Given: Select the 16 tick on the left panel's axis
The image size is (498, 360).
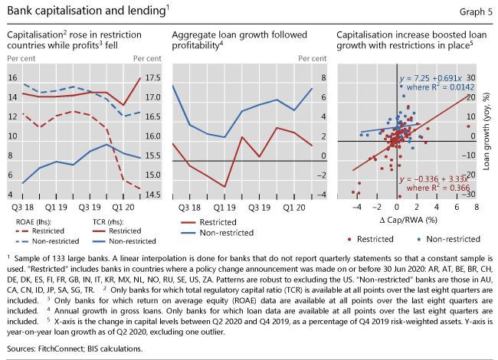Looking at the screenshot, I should (12, 78).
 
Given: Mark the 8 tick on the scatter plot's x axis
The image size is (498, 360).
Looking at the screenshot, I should (476, 207).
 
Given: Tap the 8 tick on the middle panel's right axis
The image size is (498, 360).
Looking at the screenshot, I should (323, 78).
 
